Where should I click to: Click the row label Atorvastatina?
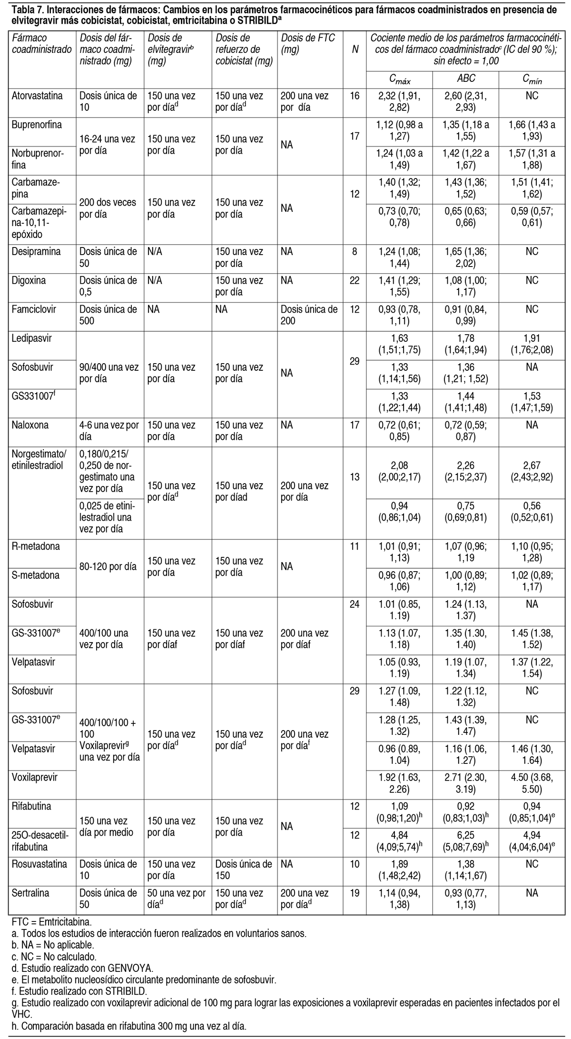click(x=37, y=96)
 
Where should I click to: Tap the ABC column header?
click(x=466, y=79)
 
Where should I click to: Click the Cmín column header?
click(x=532, y=79)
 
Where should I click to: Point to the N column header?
click(x=355, y=49)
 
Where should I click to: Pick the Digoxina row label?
click(x=29, y=281)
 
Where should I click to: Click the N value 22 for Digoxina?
click(x=354, y=281)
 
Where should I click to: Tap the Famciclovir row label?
click(x=34, y=309)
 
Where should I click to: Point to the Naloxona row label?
click(x=30, y=425)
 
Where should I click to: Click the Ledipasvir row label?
click(x=32, y=338)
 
